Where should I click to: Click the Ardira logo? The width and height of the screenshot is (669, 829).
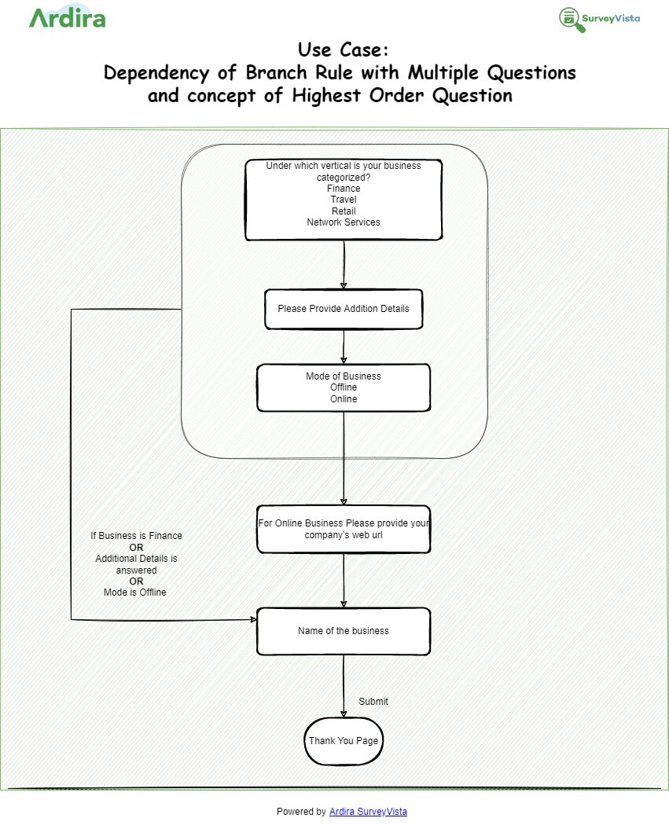[67, 17]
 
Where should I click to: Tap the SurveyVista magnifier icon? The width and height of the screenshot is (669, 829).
[571, 19]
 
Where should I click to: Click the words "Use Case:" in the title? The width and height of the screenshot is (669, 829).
[343, 50]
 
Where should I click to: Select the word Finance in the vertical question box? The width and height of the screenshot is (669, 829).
[344, 189]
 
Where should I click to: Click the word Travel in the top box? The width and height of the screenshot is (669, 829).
[344, 200]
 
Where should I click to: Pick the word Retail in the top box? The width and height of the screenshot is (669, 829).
[344, 211]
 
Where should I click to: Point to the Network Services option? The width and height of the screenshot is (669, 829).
[344, 222]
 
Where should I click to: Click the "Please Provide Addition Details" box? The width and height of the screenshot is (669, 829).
[344, 309]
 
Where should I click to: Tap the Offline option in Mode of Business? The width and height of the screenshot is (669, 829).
[344, 387]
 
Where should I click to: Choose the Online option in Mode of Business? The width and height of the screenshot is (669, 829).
[344, 399]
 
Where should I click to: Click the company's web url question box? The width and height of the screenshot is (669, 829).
[344, 529]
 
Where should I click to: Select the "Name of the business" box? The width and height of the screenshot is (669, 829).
[344, 631]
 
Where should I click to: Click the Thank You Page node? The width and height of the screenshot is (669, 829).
[344, 741]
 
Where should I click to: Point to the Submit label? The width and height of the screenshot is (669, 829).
[373, 702]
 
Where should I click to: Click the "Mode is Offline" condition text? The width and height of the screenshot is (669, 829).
[135, 592]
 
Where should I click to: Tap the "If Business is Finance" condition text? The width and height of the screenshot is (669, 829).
[136, 536]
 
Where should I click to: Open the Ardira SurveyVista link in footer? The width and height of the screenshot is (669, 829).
[368, 812]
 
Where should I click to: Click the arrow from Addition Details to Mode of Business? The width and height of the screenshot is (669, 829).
[344, 346]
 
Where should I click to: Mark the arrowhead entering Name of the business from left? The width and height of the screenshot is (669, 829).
[253, 620]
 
